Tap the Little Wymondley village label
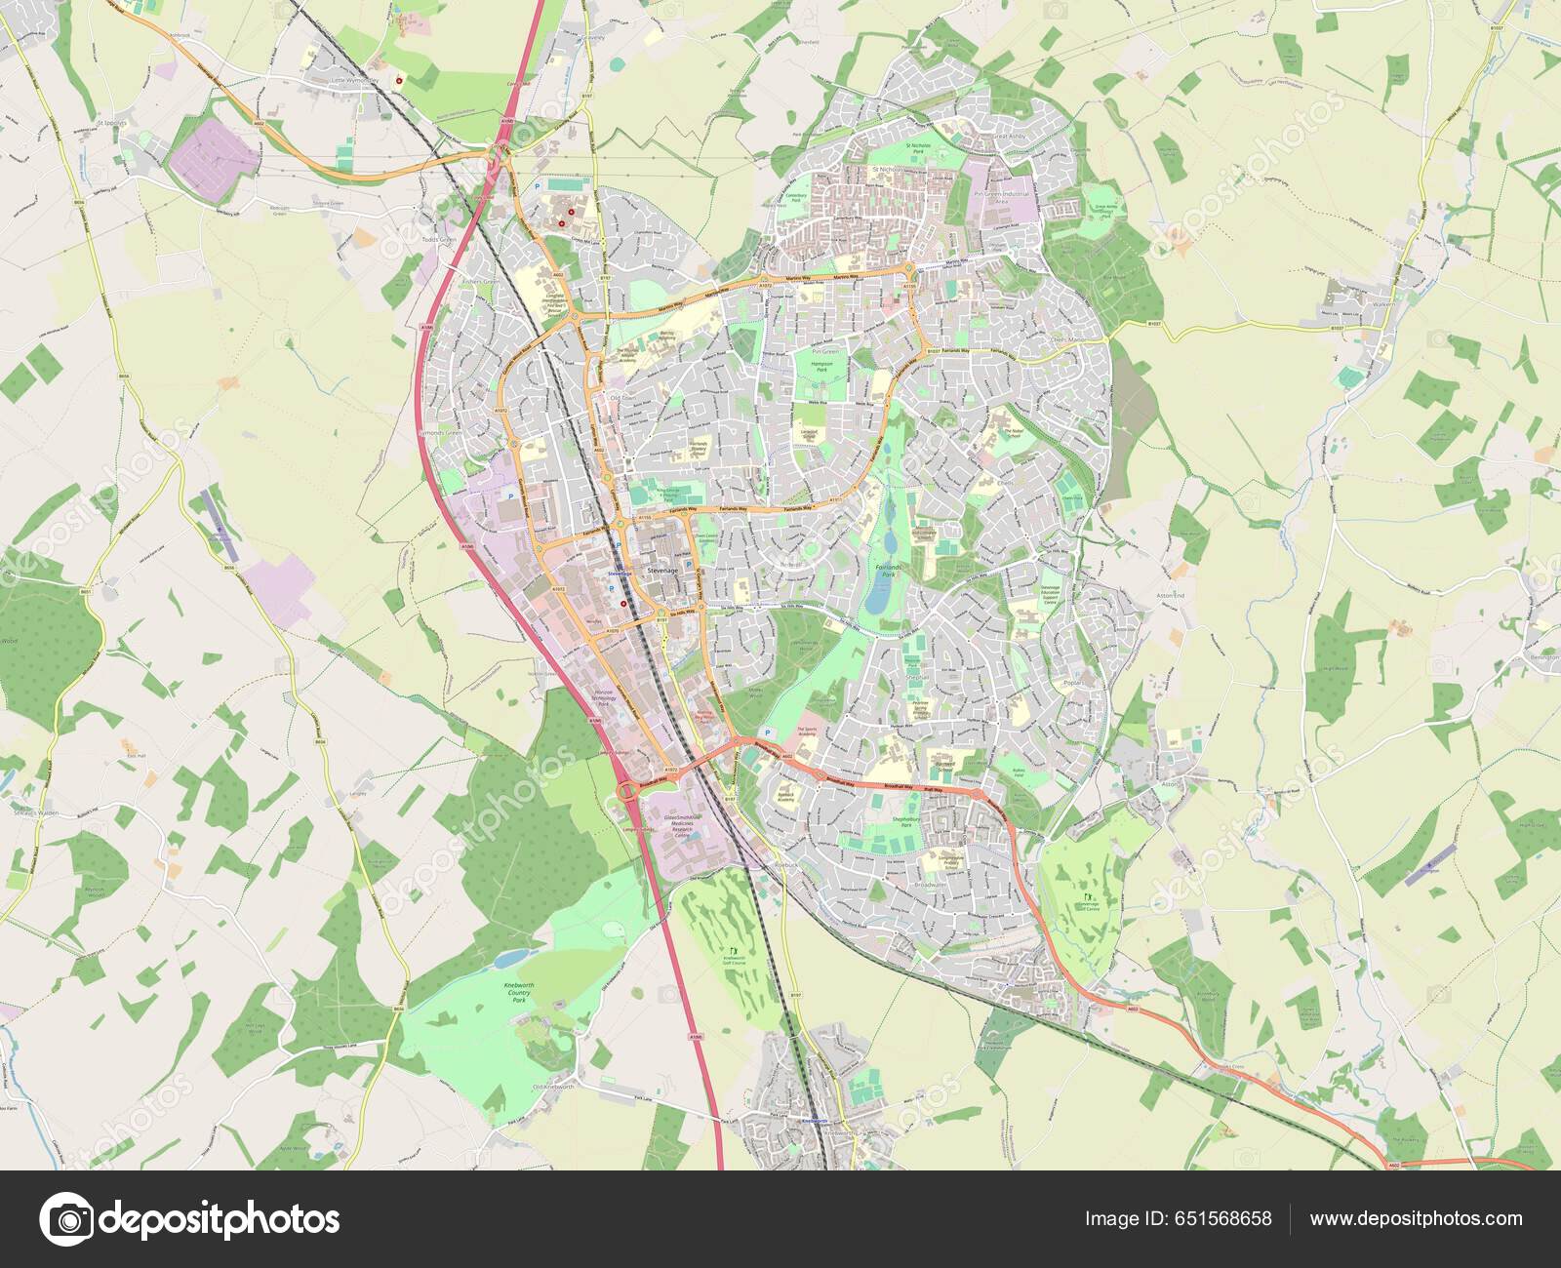click(x=354, y=81)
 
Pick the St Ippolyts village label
click(x=113, y=125)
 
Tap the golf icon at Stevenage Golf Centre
click(x=1089, y=895)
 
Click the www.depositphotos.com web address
click(x=1416, y=1218)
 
